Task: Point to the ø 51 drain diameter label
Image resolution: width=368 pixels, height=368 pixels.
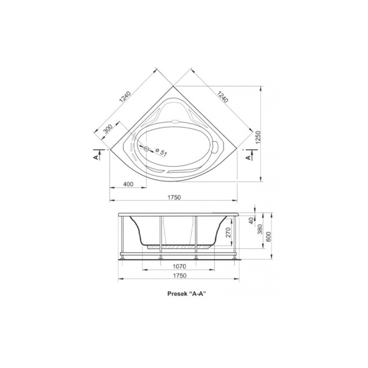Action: coord(161,152)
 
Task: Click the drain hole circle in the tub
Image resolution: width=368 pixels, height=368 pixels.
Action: coord(147,149)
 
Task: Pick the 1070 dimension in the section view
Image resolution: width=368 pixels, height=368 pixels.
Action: coord(179,266)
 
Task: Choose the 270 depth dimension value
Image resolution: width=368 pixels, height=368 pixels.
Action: coord(229,232)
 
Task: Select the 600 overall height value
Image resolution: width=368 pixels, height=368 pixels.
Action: coord(269,237)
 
